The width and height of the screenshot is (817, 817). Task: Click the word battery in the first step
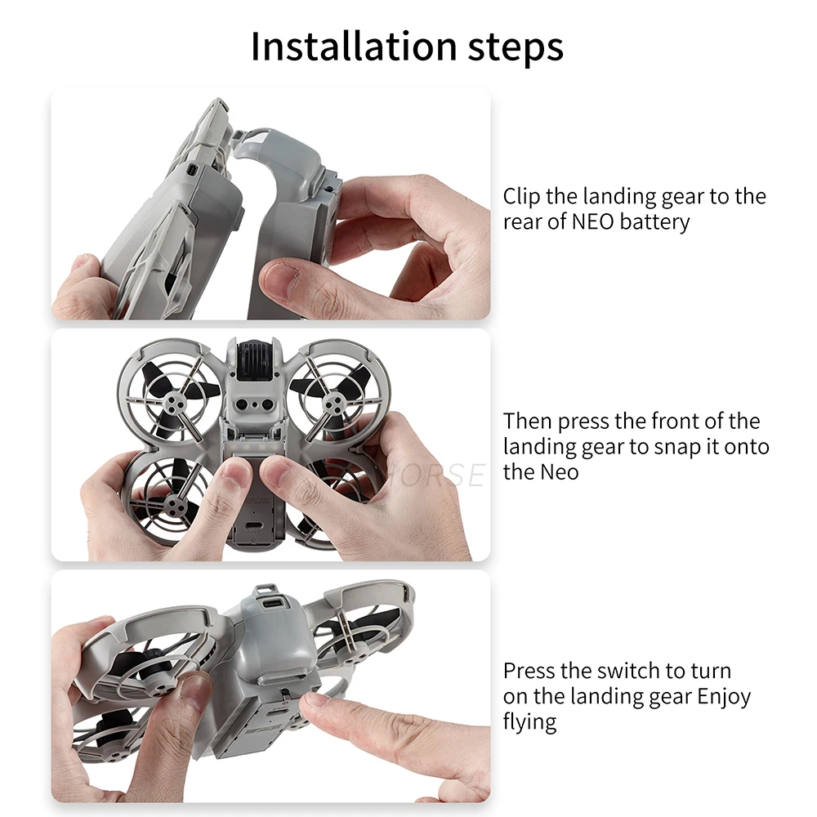click(654, 222)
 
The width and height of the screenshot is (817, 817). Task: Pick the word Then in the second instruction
click(529, 422)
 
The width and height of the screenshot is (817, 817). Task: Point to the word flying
click(529, 722)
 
